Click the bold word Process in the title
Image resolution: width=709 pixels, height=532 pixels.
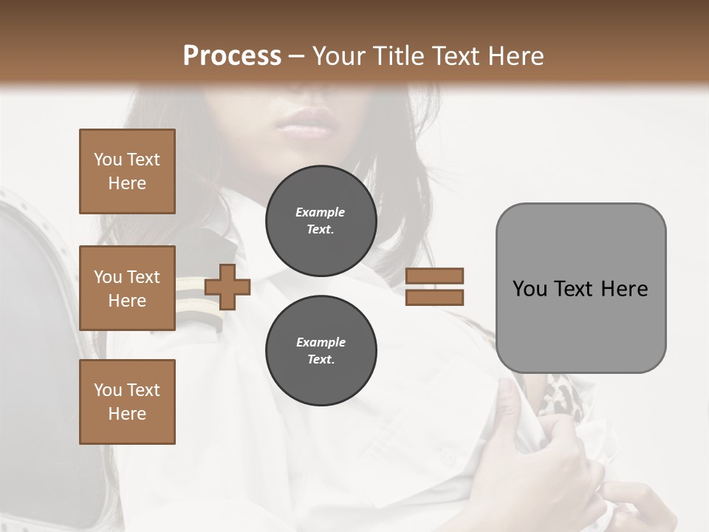click(x=232, y=56)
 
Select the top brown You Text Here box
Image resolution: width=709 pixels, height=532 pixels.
click(x=127, y=171)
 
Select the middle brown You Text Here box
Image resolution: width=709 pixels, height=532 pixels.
click(x=127, y=288)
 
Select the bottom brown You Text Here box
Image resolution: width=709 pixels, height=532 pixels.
click(x=127, y=402)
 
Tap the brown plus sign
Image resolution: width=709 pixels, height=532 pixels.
click(x=227, y=287)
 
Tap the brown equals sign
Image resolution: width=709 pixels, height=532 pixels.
click(x=434, y=287)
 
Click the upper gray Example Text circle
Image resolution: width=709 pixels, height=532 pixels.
click(x=321, y=221)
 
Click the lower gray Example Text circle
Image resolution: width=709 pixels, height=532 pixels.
click(x=321, y=351)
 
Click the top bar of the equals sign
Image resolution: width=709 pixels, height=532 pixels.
click(x=434, y=276)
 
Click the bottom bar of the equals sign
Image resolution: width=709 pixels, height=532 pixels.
click(x=434, y=298)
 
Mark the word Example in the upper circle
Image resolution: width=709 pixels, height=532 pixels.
click(x=321, y=212)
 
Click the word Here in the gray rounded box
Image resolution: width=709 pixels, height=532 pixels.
click(x=624, y=289)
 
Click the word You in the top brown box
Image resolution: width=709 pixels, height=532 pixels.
click(x=107, y=160)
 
